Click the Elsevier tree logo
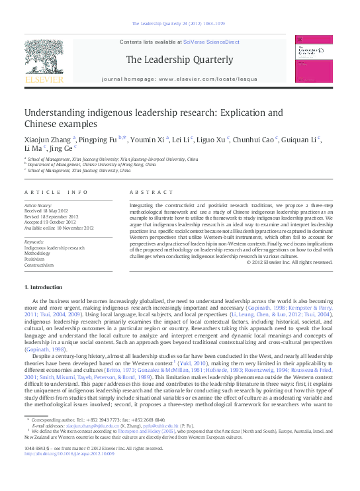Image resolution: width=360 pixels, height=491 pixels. (44, 61)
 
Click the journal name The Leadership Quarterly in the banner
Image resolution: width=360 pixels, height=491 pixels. (179, 60)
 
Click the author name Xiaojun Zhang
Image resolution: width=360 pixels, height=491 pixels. (48, 140)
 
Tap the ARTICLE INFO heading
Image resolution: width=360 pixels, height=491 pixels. (56, 192)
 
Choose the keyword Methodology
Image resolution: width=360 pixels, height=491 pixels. (38, 253)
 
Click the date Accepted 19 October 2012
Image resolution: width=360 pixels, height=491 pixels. (50, 222)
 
